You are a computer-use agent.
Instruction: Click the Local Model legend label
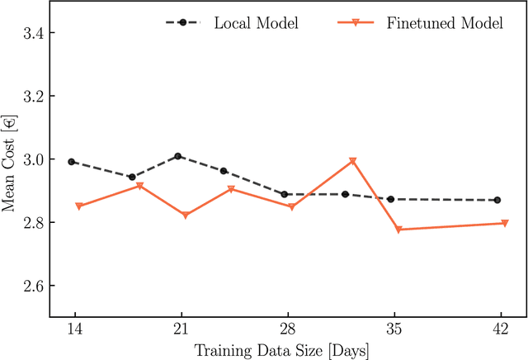pos(256,22)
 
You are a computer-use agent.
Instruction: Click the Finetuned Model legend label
pos(444,22)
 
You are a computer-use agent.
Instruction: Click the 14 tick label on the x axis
pos(74,329)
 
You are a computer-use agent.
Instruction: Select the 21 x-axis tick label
pos(181,329)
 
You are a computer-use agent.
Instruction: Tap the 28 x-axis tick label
pos(286,329)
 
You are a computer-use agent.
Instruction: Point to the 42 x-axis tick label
pos(498,329)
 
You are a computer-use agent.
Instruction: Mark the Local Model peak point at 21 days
pos(178,156)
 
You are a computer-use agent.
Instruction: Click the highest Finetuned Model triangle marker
pos(352,162)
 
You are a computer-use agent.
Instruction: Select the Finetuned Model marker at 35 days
pos(400,230)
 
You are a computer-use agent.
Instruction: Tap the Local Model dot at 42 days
pos(497,200)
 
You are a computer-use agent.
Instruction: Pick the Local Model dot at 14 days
pos(72,162)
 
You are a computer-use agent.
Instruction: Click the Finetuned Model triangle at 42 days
pos(505,224)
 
